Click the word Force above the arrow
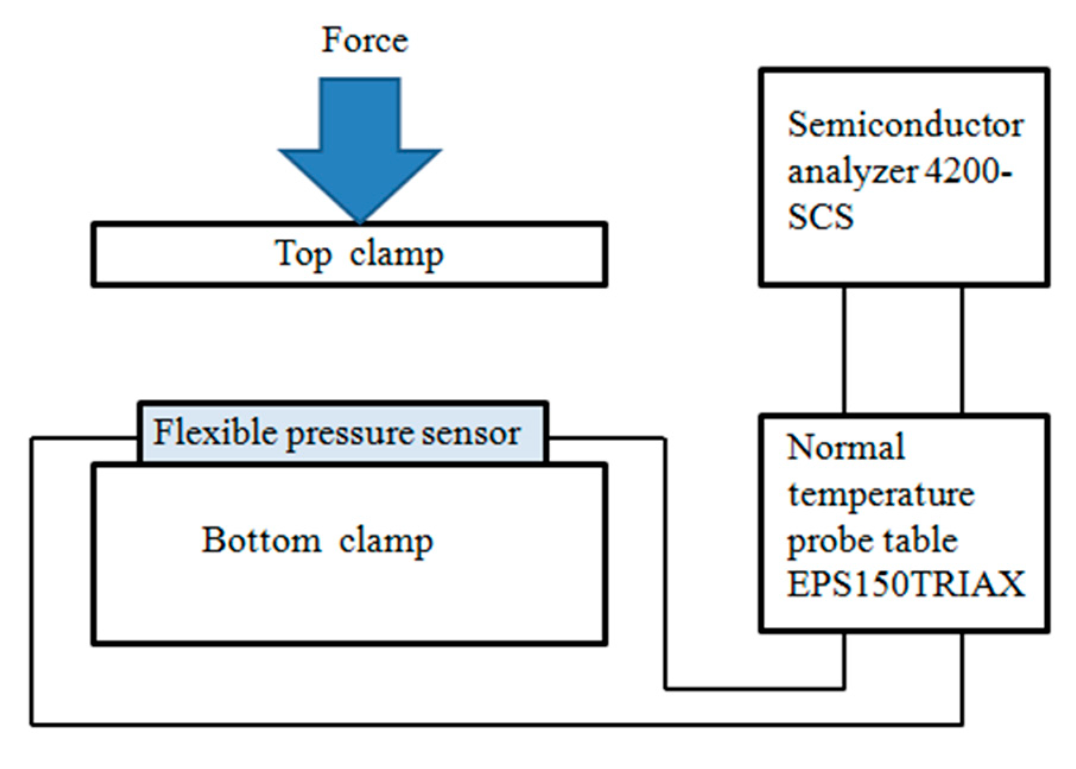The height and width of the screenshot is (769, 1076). [364, 40]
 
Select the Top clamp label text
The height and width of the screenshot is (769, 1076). [358, 254]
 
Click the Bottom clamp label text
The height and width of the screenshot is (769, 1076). [318, 540]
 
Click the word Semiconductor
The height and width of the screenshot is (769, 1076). [905, 125]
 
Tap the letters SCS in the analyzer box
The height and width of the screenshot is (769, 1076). [820, 217]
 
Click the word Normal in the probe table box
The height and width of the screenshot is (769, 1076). [846, 447]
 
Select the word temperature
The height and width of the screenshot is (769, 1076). [881, 494]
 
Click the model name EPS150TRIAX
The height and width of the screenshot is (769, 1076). [906, 584]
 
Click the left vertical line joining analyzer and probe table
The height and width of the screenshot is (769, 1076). [844, 350]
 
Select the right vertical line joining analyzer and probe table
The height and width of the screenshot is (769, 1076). [961, 350]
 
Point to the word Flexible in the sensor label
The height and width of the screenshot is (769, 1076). [216, 432]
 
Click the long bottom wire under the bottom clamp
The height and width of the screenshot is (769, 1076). [475, 724]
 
